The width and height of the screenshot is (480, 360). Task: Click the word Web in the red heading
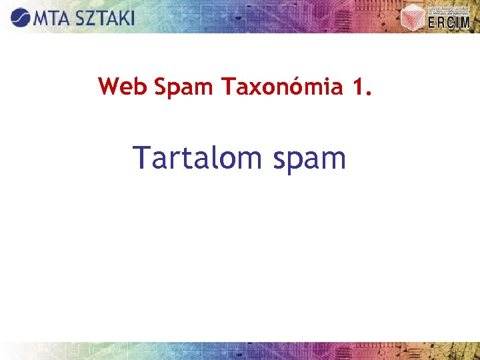123,87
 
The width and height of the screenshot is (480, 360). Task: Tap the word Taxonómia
280,87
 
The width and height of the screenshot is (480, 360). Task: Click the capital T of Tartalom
142,157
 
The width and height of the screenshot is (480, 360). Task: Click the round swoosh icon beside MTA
20,17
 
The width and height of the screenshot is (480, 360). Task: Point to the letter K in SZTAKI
120,17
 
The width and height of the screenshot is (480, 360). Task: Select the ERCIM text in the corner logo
450,23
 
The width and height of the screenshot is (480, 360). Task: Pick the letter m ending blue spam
333,160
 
